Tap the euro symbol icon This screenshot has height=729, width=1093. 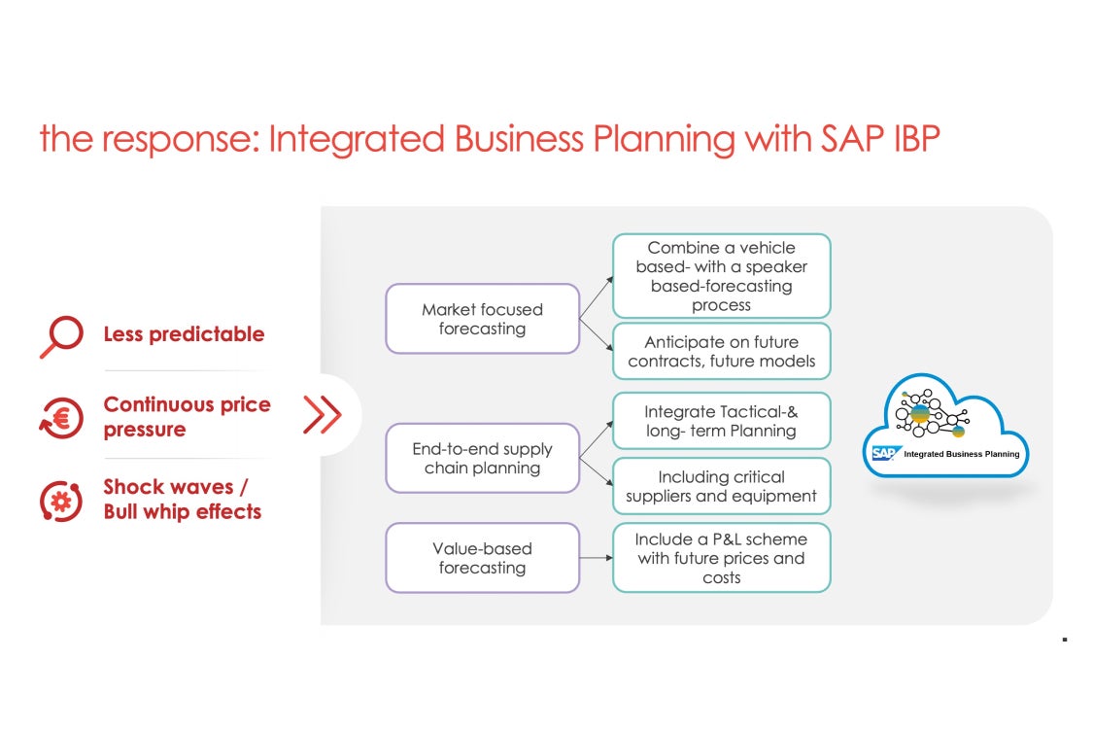[x=61, y=418]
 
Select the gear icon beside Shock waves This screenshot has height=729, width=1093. [x=61, y=501]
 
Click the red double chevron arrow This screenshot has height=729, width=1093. [x=322, y=415]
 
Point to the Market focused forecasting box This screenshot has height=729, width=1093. [x=482, y=319]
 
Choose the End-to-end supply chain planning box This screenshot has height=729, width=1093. [x=482, y=459]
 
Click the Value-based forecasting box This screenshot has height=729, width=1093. [x=482, y=558]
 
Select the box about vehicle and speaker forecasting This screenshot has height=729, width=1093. [x=722, y=276]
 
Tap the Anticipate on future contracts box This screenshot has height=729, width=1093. [x=722, y=351]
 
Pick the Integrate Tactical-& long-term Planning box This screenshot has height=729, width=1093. [x=722, y=421]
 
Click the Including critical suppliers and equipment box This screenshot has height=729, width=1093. [x=722, y=486]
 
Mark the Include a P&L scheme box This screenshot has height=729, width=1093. [x=722, y=558]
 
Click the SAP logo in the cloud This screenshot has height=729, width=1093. [x=885, y=454]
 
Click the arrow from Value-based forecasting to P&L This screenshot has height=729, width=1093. [x=596, y=558]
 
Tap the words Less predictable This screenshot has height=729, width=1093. [x=184, y=334]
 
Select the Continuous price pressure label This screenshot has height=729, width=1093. [x=187, y=416]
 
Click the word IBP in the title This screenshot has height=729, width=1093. [x=916, y=138]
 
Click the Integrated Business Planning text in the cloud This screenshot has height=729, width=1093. [x=961, y=454]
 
